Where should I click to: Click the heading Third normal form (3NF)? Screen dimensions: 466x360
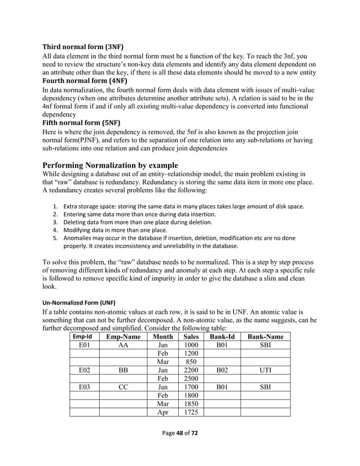[83, 46]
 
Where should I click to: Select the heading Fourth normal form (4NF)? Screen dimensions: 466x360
[84, 80]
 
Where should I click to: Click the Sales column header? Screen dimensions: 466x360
[191, 336]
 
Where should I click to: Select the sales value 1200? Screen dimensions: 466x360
[191, 353]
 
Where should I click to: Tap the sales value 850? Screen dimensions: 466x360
[191, 362]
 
